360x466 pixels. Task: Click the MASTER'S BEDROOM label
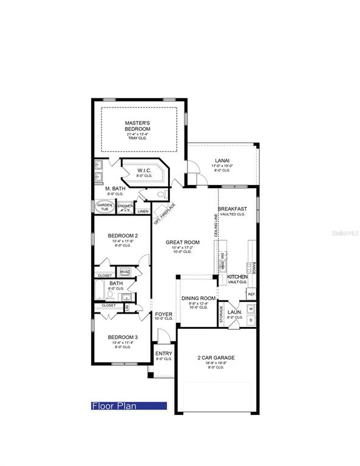point(138,126)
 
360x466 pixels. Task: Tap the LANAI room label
point(222,161)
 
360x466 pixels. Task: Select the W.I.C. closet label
point(144,171)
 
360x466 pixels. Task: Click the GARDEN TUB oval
point(103,206)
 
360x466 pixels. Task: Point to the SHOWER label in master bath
point(125,206)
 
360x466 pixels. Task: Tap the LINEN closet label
point(143,211)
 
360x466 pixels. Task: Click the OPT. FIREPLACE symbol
point(165,212)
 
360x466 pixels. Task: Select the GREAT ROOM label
point(183,242)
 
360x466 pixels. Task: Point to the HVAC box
point(125,271)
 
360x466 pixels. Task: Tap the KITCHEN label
point(237,277)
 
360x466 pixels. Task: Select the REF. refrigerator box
point(251,294)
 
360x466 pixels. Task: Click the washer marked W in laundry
point(251,309)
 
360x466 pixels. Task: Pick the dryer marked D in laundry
point(251,320)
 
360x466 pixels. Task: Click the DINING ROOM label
point(199,298)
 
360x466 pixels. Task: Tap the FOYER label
point(163,314)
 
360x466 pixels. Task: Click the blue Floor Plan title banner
point(128,406)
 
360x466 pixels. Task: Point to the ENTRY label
point(163,353)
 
